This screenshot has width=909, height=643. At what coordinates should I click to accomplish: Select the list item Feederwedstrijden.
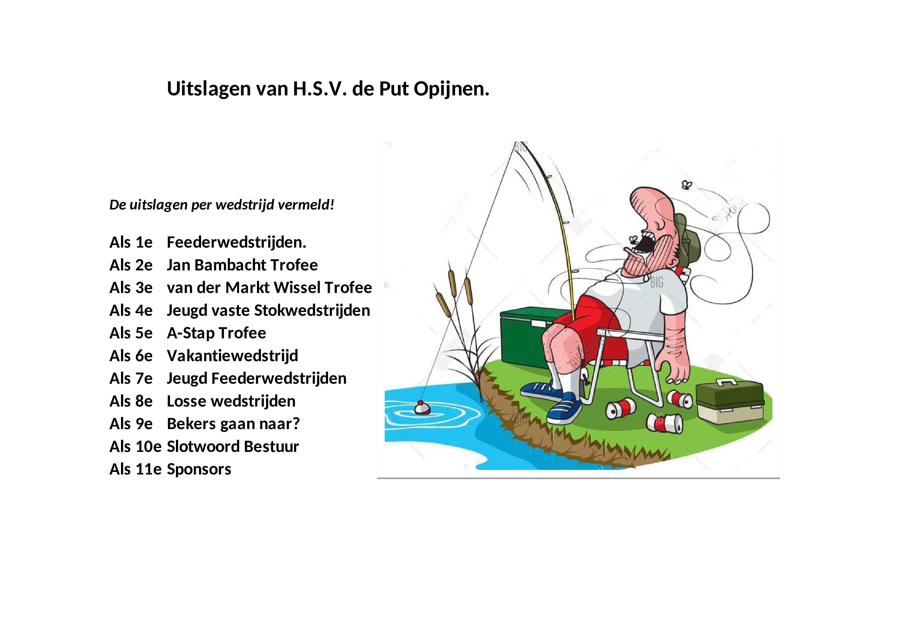pyautogui.click(x=236, y=242)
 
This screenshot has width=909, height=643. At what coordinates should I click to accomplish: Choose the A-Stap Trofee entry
pyautogui.click(x=216, y=333)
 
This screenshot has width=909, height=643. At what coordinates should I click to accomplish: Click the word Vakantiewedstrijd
pyautogui.click(x=232, y=356)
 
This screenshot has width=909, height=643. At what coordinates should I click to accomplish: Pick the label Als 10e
pyautogui.click(x=136, y=446)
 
